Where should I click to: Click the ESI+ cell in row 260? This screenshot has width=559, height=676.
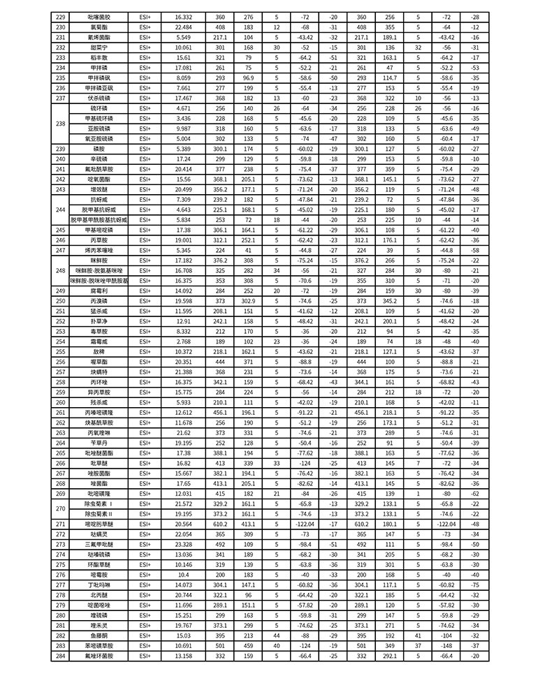[x=145, y=402]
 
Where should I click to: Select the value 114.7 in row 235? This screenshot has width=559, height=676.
[x=389, y=78]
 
